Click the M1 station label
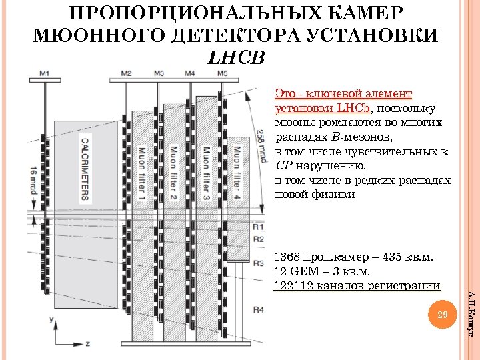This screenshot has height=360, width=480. [45, 73]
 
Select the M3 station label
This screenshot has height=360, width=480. [159, 73]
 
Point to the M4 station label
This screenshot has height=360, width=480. [190, 73]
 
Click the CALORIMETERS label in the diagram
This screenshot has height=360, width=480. [85, 169]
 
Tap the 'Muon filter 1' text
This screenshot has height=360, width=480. [141, 174]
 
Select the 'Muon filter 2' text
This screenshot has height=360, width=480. [173, 174]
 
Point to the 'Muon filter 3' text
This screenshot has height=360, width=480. [206, 174]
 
